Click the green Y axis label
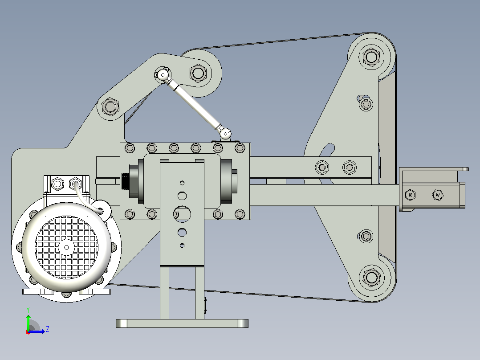28,310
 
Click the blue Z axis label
48,329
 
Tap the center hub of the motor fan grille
66,247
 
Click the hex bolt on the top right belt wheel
371,57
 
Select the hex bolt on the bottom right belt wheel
371,278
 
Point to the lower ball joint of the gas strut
226,134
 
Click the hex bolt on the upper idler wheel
198,73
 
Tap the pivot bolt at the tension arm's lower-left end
110,106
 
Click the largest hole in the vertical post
182,214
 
